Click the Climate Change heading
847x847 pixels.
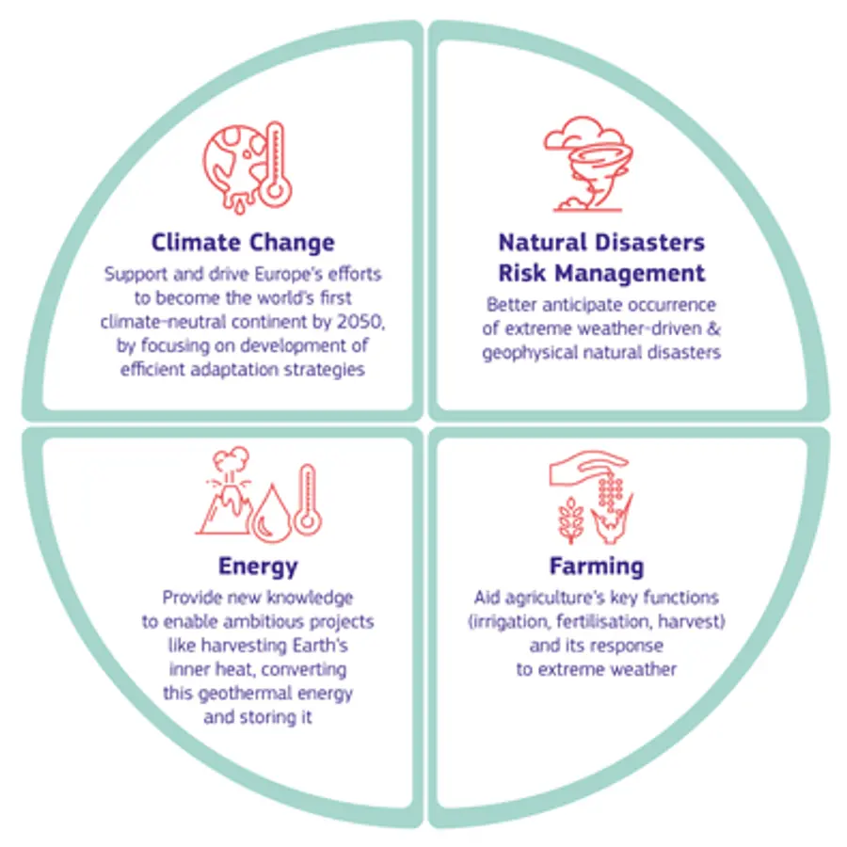click(x=243, y=243)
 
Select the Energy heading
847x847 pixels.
click(x=258, y=567)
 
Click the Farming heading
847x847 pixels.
click(x=597, y=567)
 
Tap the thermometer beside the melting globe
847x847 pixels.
click(x=276, y=164)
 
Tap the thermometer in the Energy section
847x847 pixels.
click(x=308, y=499)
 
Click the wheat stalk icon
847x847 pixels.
click(x=570, y=519)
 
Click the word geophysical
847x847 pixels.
click(x=531, y=353)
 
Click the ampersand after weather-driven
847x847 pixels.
click(x=714, y=328)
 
